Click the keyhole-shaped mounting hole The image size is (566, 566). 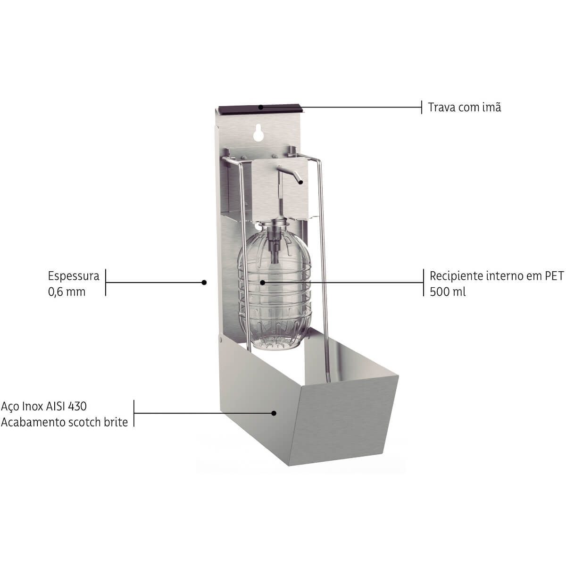pos(258,133)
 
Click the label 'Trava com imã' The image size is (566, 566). pos(465,107)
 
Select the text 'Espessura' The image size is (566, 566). pos(74,276)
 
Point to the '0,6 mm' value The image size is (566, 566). pos(67,292)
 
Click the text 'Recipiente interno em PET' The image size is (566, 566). pos(496,276)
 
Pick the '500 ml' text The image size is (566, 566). pos(448,292)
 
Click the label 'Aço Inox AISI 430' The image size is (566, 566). pos(44,407)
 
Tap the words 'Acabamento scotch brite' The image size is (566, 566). pos(65,422)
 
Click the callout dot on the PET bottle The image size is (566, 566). pos(263,282)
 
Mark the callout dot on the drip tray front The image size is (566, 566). pos(274,413)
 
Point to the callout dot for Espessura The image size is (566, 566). pos(204,283)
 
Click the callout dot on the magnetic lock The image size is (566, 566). pos(261,107)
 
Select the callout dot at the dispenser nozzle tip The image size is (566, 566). pos(300,182)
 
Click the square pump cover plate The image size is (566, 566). pos(280,189)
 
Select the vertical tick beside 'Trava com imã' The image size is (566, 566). pos(422,107)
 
